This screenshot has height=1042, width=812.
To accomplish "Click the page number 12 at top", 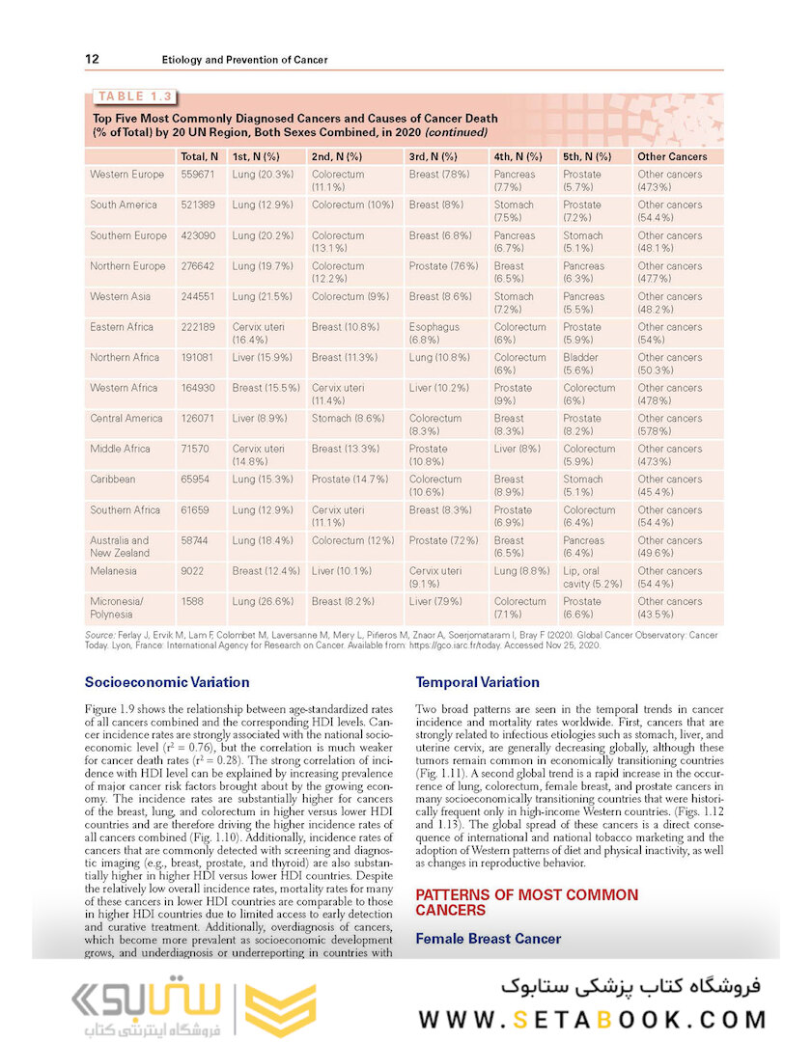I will (92, 59).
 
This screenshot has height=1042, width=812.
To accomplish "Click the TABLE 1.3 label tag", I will (133, 96).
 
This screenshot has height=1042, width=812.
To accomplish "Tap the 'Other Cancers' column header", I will (672, 156).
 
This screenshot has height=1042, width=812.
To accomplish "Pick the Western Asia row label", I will (123, 297).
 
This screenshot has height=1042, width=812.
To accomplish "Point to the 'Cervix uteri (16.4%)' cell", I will (258, 334).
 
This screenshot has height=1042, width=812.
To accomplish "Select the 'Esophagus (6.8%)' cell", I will (434, 334).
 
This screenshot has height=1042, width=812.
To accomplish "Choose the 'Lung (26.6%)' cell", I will (264, 602).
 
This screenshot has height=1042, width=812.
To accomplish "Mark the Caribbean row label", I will (113, 480).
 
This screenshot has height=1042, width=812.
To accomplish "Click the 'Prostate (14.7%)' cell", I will (350, 480).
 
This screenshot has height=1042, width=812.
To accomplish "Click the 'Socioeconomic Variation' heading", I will (167, 682).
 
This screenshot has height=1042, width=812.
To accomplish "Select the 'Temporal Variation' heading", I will (477, 682).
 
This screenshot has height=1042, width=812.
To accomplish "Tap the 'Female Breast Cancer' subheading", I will (488, 938).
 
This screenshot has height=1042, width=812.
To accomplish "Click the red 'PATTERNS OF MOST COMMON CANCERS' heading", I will (526, 902).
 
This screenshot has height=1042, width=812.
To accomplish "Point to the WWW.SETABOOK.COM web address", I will (593, 1019).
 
